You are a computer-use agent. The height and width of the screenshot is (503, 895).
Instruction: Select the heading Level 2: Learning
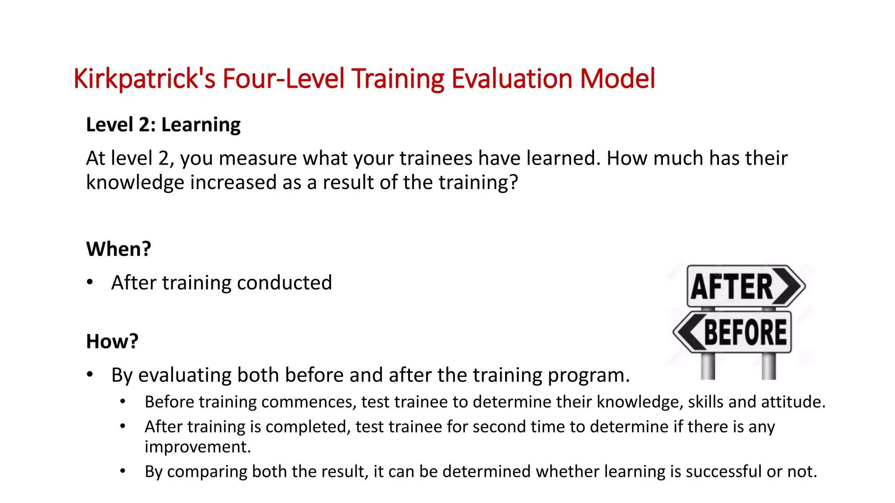click(163, 125)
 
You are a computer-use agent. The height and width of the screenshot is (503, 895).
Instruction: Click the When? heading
click(118, 249)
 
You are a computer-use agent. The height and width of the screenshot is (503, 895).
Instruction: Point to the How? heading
click(112, 341)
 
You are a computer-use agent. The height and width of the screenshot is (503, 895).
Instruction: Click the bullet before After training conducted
click(90, 283)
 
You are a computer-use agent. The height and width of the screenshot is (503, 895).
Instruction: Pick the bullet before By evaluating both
click(90, 375)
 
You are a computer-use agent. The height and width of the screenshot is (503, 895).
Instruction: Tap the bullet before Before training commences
click(123, 402)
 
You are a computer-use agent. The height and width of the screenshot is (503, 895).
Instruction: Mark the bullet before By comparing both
click(123, 471)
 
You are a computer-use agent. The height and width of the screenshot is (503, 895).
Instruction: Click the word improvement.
click(198, 447)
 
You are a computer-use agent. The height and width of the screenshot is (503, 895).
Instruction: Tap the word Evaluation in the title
click(512, 79)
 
